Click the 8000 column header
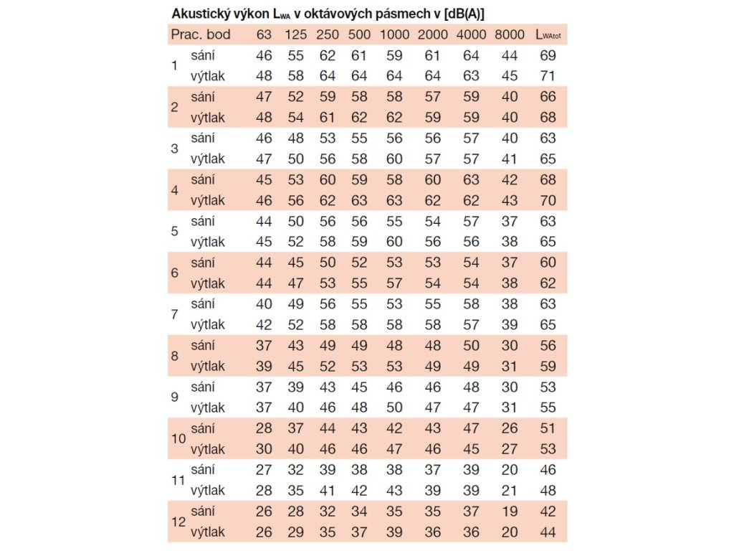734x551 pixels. [509, 34]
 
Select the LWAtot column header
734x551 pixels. [551, 34]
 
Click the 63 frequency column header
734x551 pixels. [264, 34]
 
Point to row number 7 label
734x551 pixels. [175, 314]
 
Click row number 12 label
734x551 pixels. [178, 522]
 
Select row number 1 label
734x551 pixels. [175, 66]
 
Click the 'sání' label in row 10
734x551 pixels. [202, 428]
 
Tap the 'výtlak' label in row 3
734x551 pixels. [208, 159]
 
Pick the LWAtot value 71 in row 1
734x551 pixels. [548, 76]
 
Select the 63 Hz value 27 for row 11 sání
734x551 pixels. [264, 470]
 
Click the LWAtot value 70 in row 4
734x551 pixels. [548, 200]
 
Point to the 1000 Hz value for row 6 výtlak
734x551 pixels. [394, 283]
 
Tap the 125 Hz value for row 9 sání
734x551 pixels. [295, 387]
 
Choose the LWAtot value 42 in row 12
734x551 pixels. [548, 512]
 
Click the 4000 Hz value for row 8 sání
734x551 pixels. [471, 346]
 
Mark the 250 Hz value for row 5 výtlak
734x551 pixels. [328, 242]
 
